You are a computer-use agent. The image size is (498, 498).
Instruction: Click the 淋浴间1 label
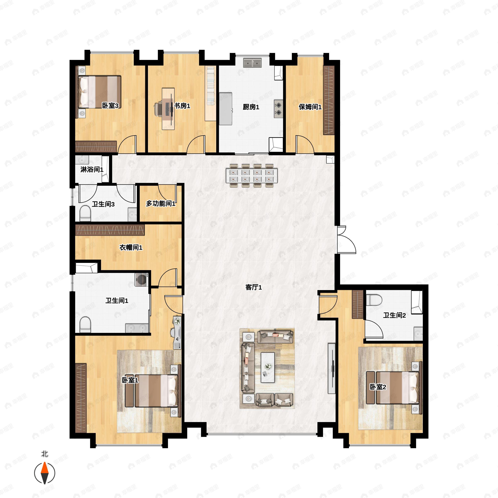pyautogui.click(x=92, y=170)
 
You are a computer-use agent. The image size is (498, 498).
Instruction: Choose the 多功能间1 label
pyautogui.click(x=161, y=204)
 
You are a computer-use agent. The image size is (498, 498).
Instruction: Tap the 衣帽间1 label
pyautogui.click(x=131, y=248)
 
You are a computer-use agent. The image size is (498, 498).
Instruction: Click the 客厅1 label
pyautogui.click(x=253, y=287)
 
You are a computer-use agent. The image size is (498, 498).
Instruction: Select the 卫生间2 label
pyautogui.click(x=394, y=315)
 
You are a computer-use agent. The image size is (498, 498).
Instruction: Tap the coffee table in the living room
pyautogui.click(x=267, y=367)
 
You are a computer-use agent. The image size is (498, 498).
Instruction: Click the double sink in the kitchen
pyautogui.click(x=252, y=63)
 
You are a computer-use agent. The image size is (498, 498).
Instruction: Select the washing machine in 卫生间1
pyautogui.click(x=141, y=280)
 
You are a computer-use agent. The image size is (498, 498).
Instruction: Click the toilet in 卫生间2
pyautogui.click(x=374, y=300)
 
